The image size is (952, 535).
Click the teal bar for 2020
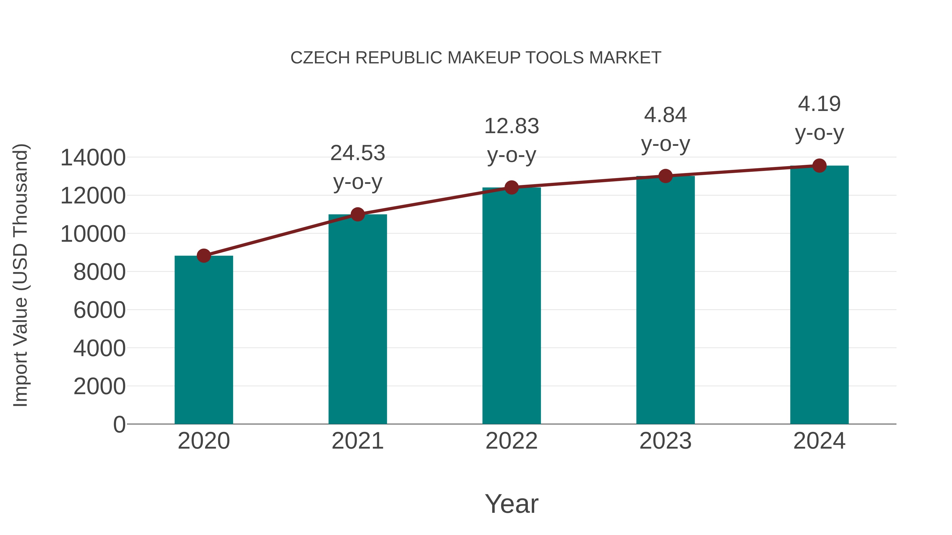(204, 340)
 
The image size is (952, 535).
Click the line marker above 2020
(204, 255)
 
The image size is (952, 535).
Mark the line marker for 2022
(511, 188)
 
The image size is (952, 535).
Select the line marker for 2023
(665, 176)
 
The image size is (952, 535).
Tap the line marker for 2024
(819, 166)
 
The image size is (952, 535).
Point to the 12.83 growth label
(511, 126)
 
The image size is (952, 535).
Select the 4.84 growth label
(665, 115)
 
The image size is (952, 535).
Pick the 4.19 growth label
(819, 104)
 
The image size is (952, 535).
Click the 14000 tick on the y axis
(93, 158)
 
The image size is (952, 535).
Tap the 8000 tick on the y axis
(99, 272)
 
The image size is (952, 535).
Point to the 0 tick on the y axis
(119, 424)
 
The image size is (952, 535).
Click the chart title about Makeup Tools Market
(476, 58)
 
